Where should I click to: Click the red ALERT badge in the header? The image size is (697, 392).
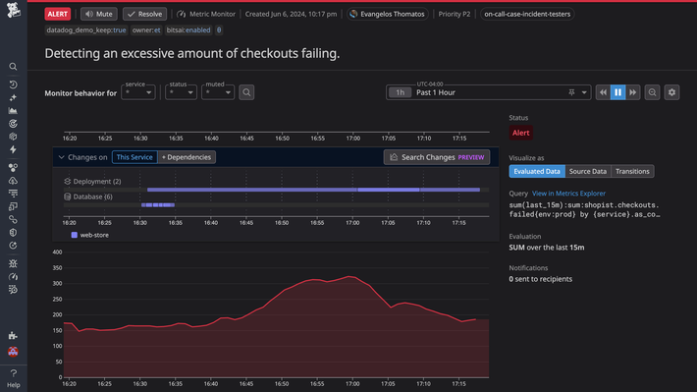(58, 15)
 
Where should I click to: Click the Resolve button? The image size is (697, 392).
(144, 15)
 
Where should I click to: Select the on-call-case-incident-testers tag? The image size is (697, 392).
(527, 15)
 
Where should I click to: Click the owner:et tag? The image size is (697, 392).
(146, 30)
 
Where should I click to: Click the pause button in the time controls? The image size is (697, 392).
(617, 92)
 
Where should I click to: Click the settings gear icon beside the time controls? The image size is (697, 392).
(671, 92)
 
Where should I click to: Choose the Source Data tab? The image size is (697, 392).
(587, 171)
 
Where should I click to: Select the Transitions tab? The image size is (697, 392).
(632, 171)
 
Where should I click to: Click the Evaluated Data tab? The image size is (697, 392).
(536, 171)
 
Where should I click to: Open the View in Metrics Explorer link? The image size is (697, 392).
(568, 194)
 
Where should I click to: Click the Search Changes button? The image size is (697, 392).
(437, 157)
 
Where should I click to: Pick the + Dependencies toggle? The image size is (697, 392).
(187, 157)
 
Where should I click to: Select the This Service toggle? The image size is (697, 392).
(134, 157)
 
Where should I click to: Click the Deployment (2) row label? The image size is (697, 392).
(96, 182)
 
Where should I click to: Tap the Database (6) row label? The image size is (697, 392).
(92, 196)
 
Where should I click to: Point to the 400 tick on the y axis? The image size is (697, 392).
(57, 252)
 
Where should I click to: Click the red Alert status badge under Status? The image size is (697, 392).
(521, 133)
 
